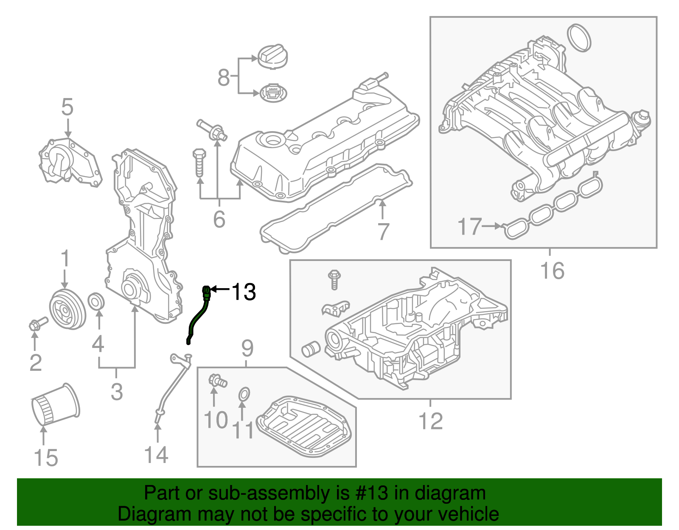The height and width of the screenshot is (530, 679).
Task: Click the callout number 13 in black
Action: [244, 292]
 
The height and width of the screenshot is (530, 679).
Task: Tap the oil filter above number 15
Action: [55, 405]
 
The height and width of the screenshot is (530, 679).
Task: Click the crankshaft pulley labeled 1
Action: [67, 308]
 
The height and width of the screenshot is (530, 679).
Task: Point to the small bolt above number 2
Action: [37, 324]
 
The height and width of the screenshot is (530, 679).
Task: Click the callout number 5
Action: [67, 107]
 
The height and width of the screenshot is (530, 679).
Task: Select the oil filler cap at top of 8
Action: [272, 56]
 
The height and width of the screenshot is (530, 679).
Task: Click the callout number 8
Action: [224, 78]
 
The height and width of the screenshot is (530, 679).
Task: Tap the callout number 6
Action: [219, 219]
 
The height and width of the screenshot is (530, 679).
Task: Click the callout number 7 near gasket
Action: [383, 232]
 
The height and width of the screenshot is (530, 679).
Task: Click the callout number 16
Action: [552, 270]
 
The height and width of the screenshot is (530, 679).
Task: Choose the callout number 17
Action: [470, 227]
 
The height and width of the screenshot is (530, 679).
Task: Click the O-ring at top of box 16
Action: [579, 37]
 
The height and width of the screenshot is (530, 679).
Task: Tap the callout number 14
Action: [156, 455]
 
